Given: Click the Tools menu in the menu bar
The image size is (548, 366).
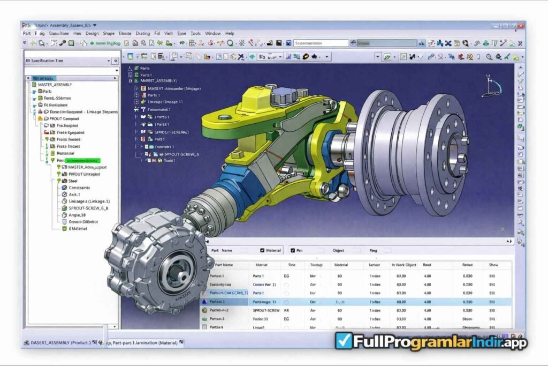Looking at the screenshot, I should tap(196, 33).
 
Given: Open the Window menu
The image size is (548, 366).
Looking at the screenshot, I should tap(212, 33).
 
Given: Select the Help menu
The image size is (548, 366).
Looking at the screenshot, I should tap(230, 33).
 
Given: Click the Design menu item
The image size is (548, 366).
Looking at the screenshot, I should tap(92, 33).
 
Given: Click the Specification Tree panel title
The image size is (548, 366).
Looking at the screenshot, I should tap(47, 61).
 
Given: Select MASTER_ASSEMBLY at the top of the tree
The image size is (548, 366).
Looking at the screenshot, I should tap(55, 85).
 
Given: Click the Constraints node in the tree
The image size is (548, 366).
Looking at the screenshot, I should tap(79, 188).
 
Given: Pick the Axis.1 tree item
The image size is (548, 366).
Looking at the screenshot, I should tap(74, 195).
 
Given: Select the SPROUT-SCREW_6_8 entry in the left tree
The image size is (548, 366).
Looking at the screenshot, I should tap(88, 208).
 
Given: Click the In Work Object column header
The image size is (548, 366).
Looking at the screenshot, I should tap(404, 265).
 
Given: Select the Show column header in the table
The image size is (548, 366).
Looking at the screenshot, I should tap(492, 265).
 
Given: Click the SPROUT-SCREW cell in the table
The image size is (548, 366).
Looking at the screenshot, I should tap(266, 310).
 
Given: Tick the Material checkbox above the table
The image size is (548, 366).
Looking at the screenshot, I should tap(262, 250).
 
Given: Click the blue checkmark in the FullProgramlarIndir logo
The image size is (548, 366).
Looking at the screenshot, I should tap(342, 341).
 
